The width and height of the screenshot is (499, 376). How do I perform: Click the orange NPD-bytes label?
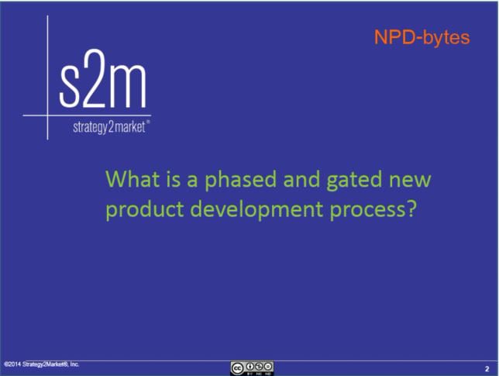coord(422,36)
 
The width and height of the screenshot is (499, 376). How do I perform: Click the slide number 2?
coord(486,367)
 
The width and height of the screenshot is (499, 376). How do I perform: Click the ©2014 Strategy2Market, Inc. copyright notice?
coord(42,364)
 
